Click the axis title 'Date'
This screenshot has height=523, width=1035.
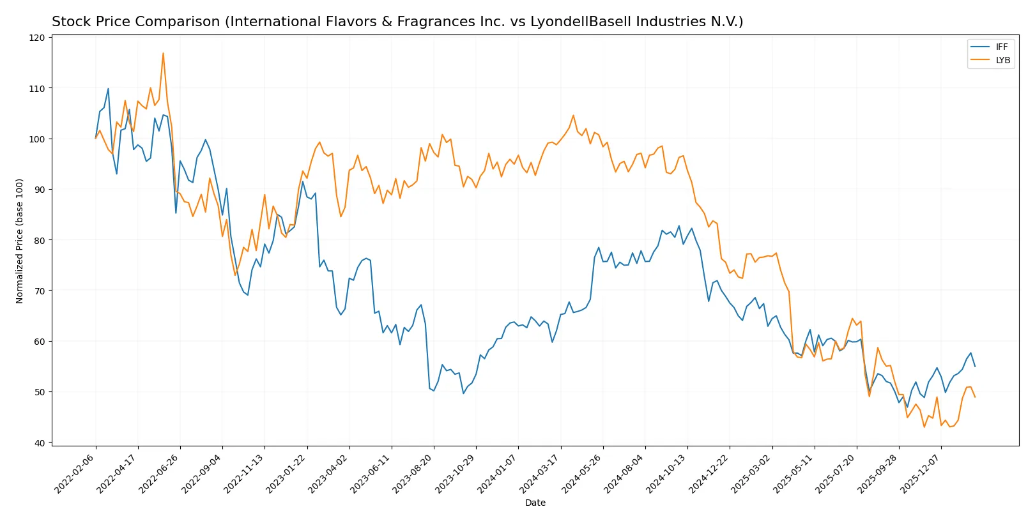(x=535, y=503)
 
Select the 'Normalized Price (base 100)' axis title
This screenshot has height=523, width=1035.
(x=20, y=241)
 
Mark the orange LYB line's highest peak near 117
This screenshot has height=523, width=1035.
(x=163, y=53)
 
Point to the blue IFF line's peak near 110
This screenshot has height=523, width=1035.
(x=108, y=89)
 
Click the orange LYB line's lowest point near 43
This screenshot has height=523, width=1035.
(x=924, y=427)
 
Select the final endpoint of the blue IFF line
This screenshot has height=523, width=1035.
(x=975, y=367)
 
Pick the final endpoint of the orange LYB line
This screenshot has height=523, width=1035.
(x=975, y=397)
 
